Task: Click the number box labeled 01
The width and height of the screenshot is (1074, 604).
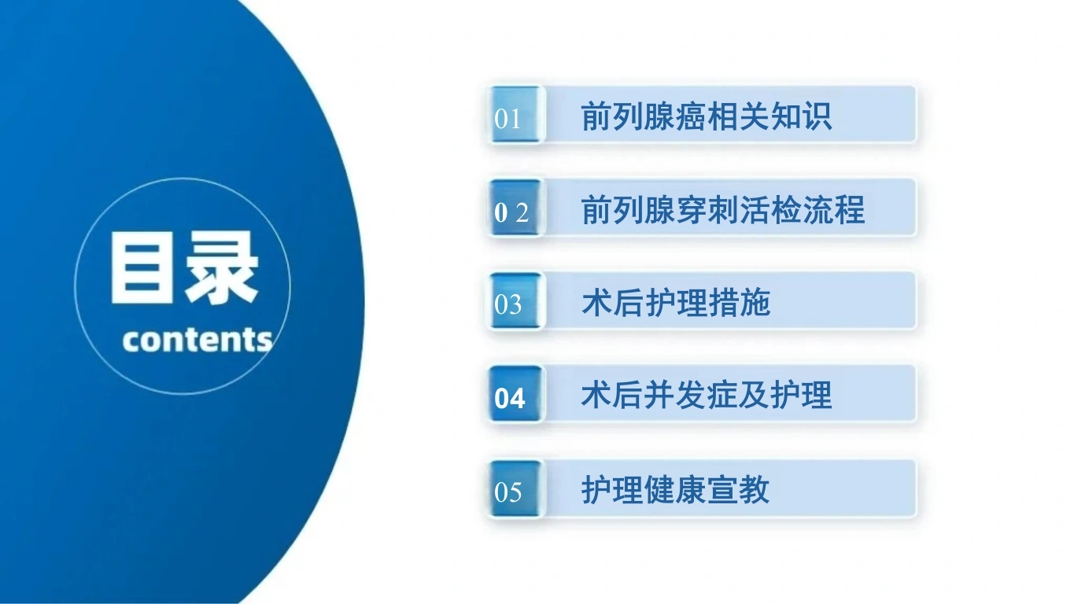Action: click(x=516, y=114)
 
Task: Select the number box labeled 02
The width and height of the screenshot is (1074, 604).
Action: click(x=516, y=207)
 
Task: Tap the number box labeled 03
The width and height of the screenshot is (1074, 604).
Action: click(x=516, y=300)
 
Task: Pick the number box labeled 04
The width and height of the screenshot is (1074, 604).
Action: click(x=516, y=393)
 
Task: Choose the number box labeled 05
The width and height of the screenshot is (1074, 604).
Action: click(x=516, y=488)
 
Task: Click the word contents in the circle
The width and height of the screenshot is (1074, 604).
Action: click(x=197, y=340)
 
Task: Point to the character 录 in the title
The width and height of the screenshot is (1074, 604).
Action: click(x=222, y=267)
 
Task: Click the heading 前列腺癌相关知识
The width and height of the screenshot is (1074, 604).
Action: click(x=707, y=116)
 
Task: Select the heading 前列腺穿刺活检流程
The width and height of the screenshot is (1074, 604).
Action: click(x=722, y=209)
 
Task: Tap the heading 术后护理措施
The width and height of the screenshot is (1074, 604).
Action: click(x=676, y=303)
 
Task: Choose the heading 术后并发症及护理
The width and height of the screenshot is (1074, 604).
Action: click(x=707, y=396)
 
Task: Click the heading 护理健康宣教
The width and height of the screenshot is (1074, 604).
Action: click(x=676, y=490)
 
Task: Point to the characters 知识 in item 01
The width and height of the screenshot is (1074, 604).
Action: click(x=801, y=116)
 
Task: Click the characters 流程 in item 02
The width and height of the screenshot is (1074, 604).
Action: click(x=834, y=209)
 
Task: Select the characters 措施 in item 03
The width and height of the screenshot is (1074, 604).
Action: click(x=740, y=303)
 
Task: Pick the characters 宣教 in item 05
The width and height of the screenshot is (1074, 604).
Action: click(x=739, y=490)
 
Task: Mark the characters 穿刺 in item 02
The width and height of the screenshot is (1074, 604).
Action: click(x=707, y=209)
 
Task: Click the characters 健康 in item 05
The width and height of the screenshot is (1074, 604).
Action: click(x=676, y=490)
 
